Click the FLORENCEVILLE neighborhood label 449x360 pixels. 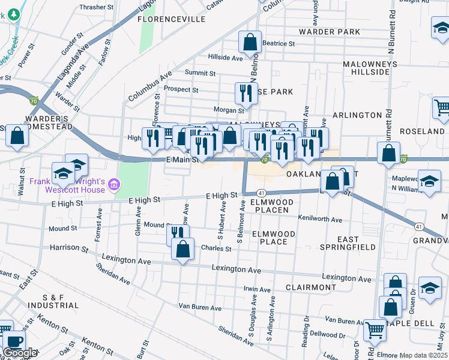click(x=163, y=19)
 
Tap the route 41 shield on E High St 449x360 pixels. click(x=261, y=193)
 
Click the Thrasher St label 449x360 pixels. click(x=96, y=7)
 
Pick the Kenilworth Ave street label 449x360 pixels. click(x=319, y=220)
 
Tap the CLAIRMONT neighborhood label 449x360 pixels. click(x=310, y=287)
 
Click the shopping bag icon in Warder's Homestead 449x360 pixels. click(x=17, y=137)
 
